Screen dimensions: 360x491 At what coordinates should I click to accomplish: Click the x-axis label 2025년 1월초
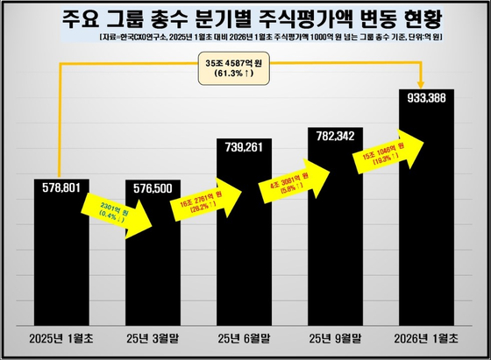[67, 338]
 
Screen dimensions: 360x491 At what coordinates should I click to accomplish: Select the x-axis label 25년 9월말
[338, 338]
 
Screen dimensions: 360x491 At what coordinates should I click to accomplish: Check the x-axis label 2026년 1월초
[428, 338]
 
